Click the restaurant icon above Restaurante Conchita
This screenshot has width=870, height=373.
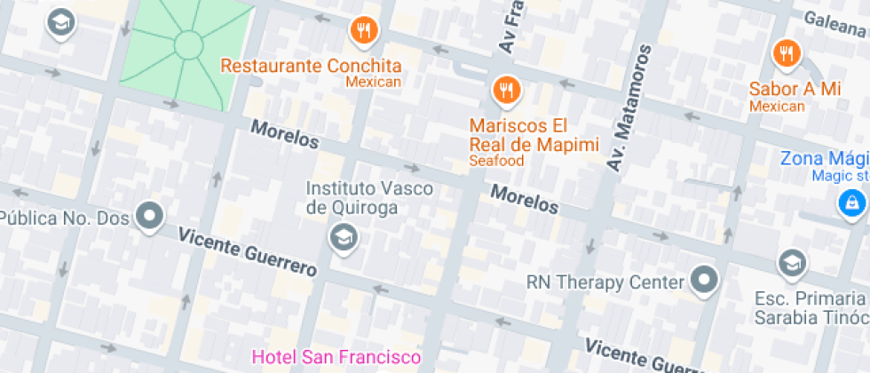coord(363,32)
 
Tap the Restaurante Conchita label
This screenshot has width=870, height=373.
coord(311,66)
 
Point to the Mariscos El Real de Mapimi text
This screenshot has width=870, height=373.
coord(534,134)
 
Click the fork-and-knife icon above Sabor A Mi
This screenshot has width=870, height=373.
coord(784,53)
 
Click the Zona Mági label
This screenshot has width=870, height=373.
coord(823,159)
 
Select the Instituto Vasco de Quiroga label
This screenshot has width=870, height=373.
coord(369,198)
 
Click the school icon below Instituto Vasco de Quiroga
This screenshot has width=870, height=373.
coord(342,237)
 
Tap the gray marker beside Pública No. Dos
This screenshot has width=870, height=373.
coord(149,216)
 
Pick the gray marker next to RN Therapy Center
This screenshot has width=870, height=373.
coord(705,280)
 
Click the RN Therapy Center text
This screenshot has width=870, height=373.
coord(605,282)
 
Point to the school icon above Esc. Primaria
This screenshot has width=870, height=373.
coord(790,263)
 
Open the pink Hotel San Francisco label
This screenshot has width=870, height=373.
coord(336,357)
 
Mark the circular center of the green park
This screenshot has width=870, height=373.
coord(189,44)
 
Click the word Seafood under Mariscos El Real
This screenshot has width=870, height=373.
coord(496,161)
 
